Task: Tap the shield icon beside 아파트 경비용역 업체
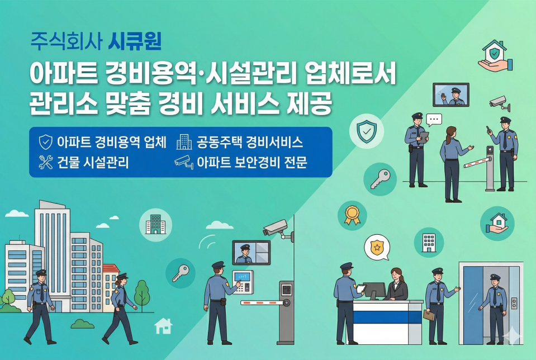45,142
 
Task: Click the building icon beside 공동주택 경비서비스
183,142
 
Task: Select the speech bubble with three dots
434,119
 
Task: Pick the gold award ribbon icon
352,215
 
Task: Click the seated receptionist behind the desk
398,285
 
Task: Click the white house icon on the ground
163,325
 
